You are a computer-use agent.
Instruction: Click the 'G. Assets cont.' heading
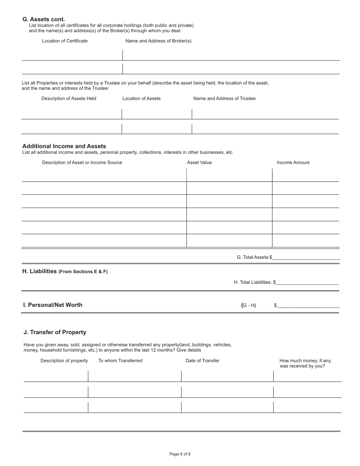[44, 19]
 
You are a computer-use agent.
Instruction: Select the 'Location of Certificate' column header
[65, 41]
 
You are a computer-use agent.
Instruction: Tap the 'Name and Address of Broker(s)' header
[158, 41]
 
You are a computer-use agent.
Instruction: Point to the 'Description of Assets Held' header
[69, 99]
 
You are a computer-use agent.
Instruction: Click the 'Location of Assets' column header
[141, 99]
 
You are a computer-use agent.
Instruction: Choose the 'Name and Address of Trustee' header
[224, 99]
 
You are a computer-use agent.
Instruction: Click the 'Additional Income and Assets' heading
[64, 146]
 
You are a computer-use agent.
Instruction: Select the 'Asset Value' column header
[199, 163]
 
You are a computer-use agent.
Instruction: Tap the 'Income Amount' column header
[293, 163]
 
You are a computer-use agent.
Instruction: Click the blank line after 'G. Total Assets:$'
[306, 258]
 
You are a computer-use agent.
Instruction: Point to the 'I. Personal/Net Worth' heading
[53, 305]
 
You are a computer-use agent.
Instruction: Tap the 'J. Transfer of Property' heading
[55, 332]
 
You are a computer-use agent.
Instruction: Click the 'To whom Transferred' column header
[121, 361]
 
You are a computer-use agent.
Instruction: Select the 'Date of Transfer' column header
[202, 361]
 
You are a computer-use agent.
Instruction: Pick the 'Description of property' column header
[64, 361]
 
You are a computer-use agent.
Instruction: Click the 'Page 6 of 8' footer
[180, 454]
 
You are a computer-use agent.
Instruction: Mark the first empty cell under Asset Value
[229, 175]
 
